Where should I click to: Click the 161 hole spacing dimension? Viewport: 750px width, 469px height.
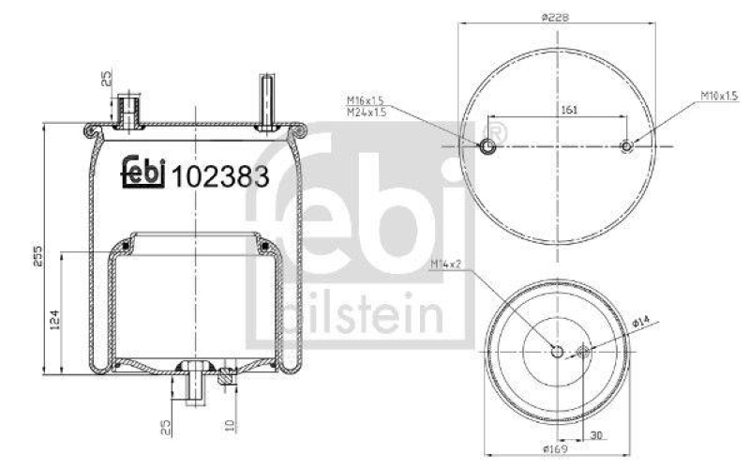pos(568,110)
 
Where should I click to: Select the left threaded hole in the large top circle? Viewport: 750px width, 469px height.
pos(486,146)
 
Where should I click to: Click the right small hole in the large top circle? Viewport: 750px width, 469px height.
pos(627,145)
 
